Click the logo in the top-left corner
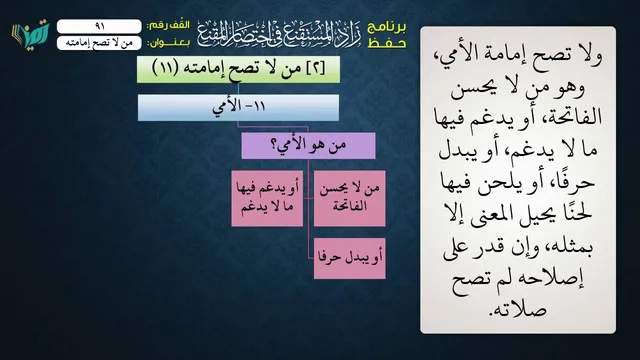[x=30, y=33]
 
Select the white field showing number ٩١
[x=99, y=26]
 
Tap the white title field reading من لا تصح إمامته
[x=99, y=43]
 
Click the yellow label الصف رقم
[x=168, y=25]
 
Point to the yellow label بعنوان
[x=168, y=43]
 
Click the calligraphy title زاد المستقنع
[x=279, y=34]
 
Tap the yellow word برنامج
[x=387, y=27]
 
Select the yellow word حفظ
[x=387, y=43]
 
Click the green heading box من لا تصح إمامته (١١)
[x=238, y=69]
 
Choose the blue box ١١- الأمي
[x=238, y=107]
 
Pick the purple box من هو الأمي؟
[x=309, y=145]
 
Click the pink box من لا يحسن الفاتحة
[x=349, y=198]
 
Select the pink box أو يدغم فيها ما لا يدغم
[x=267, y=198]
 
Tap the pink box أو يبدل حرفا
[x=349, y=258]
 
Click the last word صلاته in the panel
[x=518, y=309]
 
